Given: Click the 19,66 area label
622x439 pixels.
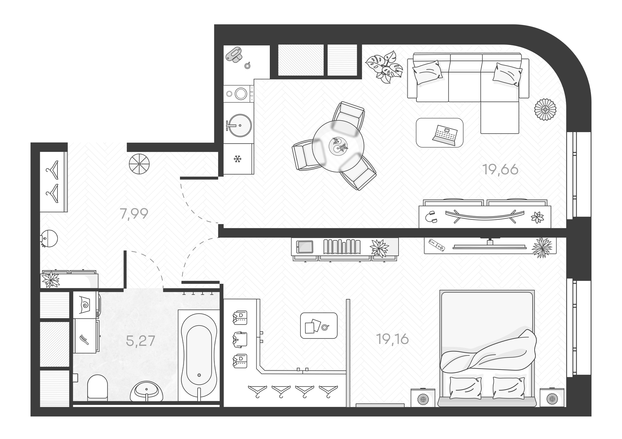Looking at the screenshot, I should (x=500, y=170).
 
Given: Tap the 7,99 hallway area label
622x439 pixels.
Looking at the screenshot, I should (x=134, y=214).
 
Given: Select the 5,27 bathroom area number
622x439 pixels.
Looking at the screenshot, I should (x=140, y=341).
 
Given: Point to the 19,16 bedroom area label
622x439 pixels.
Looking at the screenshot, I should (x=392, y=339).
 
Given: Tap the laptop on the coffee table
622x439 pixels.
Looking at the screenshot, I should (x=445, y=135).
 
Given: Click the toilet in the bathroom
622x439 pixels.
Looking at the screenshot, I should (x=97, y=387).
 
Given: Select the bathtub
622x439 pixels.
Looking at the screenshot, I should (x=199, y=355).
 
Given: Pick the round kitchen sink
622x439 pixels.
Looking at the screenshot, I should (x=240, y=125).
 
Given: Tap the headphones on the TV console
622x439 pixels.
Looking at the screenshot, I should (x=431, y=217).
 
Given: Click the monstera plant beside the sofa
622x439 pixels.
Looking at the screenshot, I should (x=384, y=67).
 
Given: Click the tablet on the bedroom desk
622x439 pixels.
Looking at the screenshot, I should (x=305, y=247).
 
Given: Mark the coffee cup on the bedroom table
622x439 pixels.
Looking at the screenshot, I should (x=325, y=327).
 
